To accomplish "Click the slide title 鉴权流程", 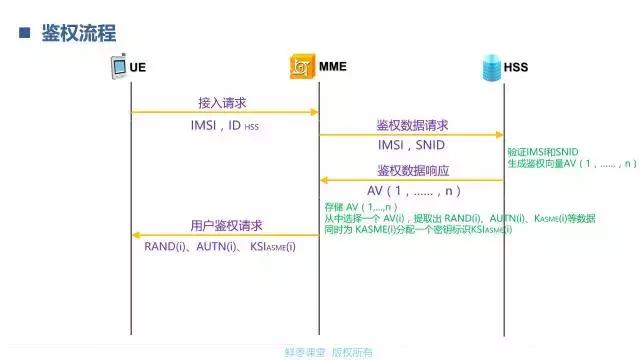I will pos(79,33).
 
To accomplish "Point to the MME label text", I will pos(334,68).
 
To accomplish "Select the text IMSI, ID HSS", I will pos(225,126).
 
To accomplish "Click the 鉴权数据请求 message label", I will pos(412,125).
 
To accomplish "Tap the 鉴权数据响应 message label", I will pos(412,170).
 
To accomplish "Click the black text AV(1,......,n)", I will pos(412,191).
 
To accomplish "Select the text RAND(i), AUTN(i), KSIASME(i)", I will pos(220,246).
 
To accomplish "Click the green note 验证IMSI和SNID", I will pos(543,150).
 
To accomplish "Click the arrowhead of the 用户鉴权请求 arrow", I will pos(135,235).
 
